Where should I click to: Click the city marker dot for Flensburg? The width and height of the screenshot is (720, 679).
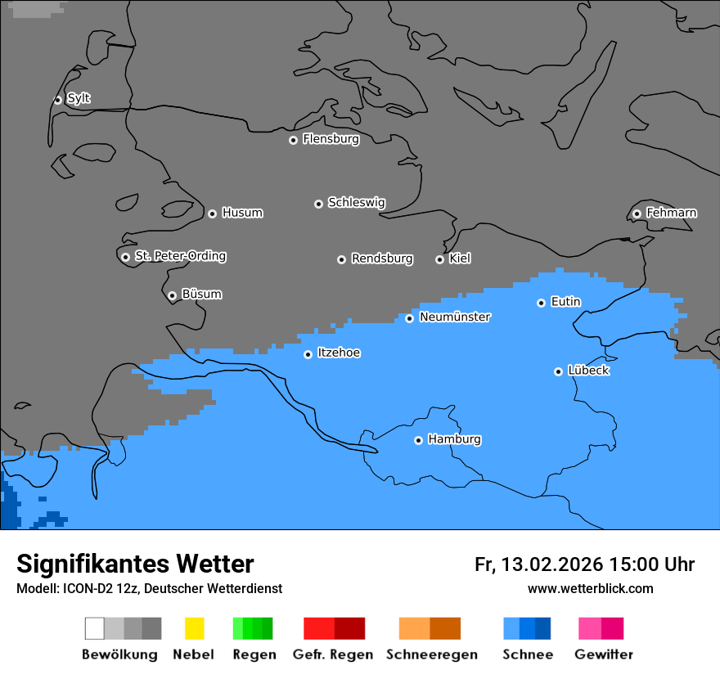(x=293, y=140)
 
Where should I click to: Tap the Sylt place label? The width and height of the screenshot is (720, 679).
(x=79, y=98)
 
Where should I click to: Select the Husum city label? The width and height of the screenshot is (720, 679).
(x=242, y=213)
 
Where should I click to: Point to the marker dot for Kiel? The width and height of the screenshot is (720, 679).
(x=439, y=259)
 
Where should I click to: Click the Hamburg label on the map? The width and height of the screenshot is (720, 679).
(x=454, y=439)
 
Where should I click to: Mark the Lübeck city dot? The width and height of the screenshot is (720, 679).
(x=558, y=371)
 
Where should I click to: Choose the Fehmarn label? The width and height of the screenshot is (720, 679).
(x=671, y=213)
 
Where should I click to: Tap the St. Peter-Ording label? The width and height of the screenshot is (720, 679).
(x=180, y=256)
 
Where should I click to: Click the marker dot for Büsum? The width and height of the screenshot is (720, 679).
(x=172, y=295)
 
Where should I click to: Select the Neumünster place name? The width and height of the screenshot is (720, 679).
(x=455, y=317)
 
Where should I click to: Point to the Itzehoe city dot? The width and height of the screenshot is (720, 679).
(x=308, y=354)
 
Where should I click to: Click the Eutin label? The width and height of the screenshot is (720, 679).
(x=565, y=302)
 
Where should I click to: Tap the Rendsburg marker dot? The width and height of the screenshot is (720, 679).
(x=341, y=259)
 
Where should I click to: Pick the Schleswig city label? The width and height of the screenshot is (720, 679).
(x=356, y=202)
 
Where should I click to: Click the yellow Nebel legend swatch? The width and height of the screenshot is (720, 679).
(x=194, y=628)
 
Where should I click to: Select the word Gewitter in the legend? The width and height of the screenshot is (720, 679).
(x=604, y=654)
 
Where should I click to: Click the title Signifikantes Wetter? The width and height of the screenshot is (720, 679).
(x=135, y=564)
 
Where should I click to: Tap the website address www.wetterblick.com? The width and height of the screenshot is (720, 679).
(x=590, y=588)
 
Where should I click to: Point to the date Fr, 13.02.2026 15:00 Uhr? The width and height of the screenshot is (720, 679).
(x=584, y=564)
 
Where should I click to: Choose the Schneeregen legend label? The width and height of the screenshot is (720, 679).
(x=431, y=654)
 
